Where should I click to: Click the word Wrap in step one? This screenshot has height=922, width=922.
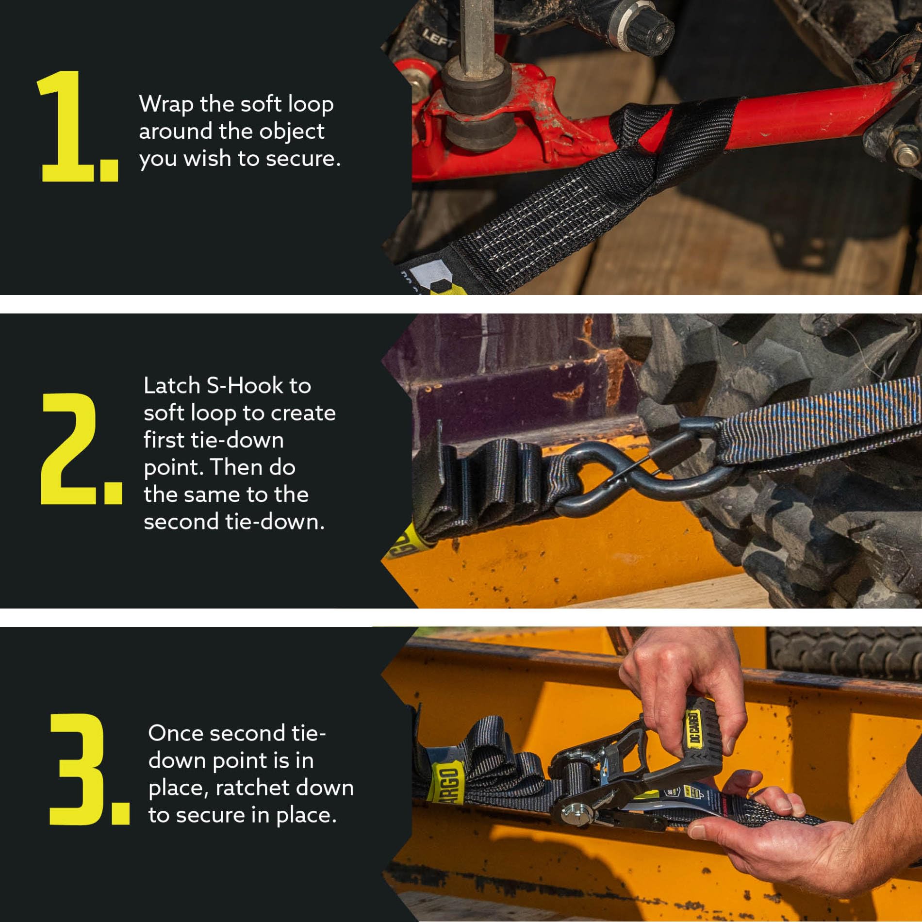point(166,104)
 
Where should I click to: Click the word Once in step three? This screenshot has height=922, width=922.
point(175,733)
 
